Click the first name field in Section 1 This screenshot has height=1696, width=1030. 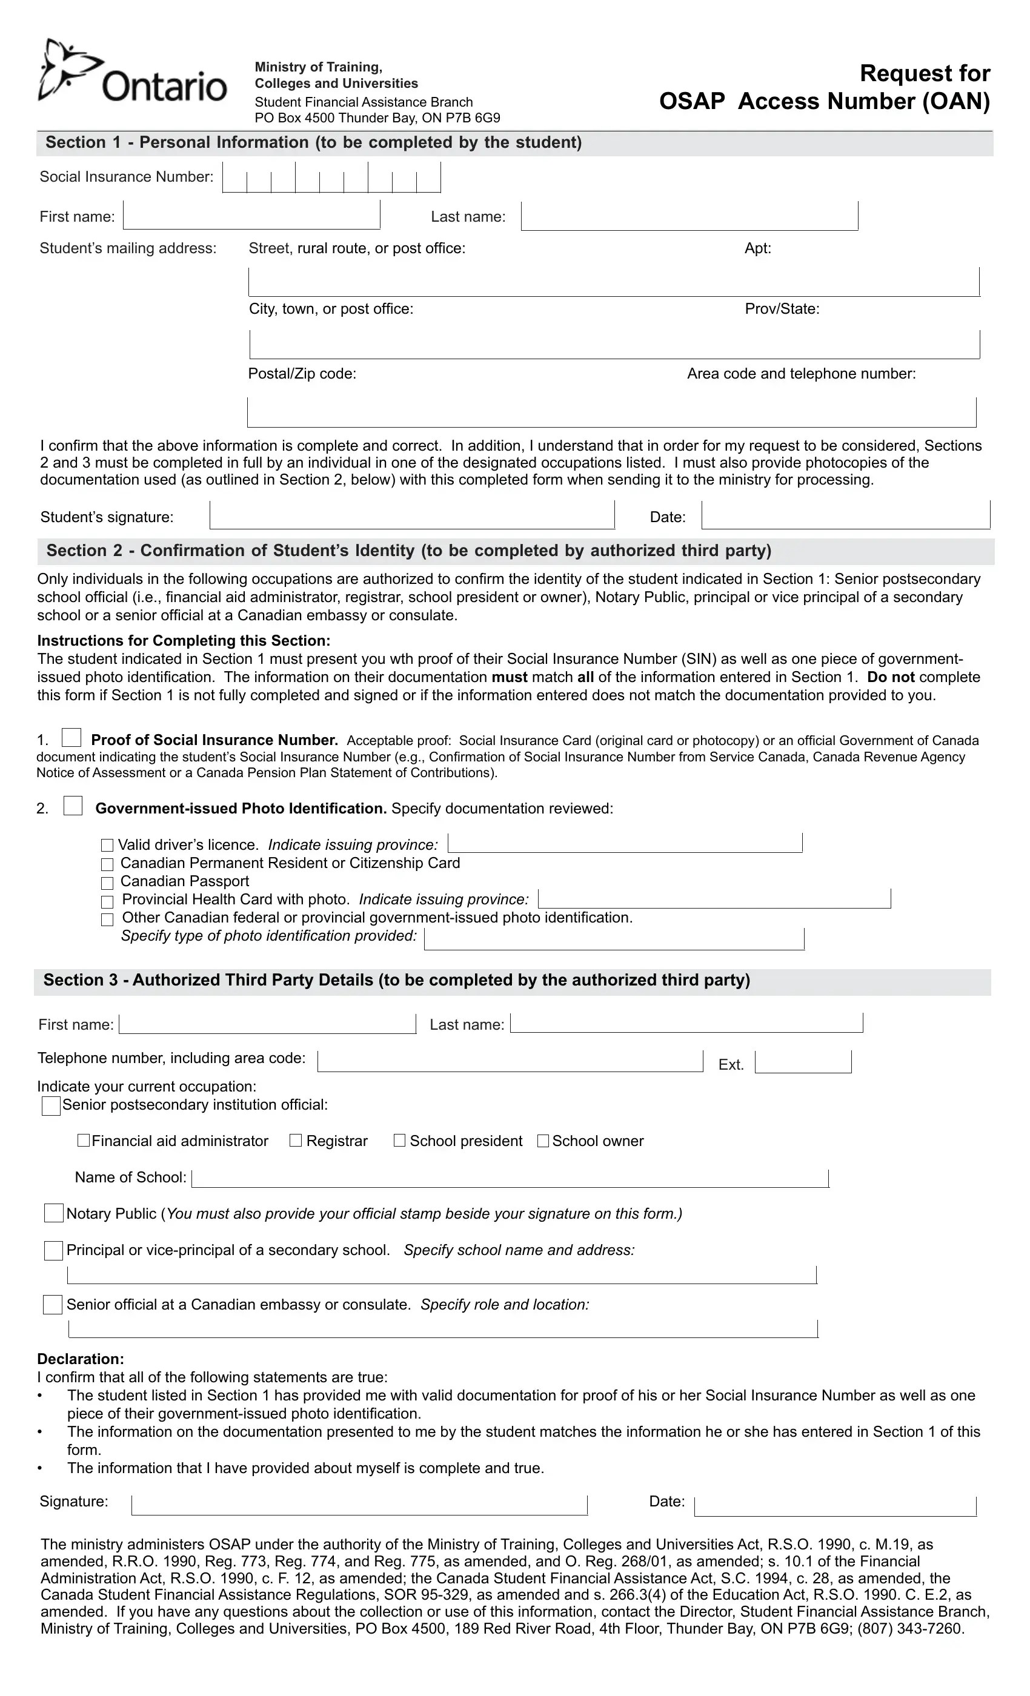click(251, 216)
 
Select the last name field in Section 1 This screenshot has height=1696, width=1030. click(689, 216)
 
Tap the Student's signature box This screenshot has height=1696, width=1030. click(412, 515)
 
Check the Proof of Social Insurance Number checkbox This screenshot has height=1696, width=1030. click(71, 738)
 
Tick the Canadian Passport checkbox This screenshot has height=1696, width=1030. click(107, 883)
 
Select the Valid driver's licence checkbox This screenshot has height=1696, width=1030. click(107, 845)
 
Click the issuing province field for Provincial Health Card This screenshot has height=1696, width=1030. click(714, 899)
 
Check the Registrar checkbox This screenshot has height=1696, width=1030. click(296, 1141)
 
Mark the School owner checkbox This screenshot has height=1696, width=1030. click(542, 1141)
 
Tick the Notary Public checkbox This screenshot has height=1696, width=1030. click(54, 1213)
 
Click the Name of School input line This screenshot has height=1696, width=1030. click(510, 1178)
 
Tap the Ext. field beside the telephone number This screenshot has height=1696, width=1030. click(803, 1062)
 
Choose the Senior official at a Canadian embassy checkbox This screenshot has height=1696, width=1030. click(53, 1304)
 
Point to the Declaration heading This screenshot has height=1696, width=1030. click(81, 1359)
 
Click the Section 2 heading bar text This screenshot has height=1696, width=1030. click(408, 551)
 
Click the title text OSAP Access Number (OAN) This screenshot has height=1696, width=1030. click(824, 101)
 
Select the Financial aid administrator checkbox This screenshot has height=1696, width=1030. click(84, 1141)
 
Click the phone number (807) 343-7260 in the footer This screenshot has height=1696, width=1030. click(910, 1629)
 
